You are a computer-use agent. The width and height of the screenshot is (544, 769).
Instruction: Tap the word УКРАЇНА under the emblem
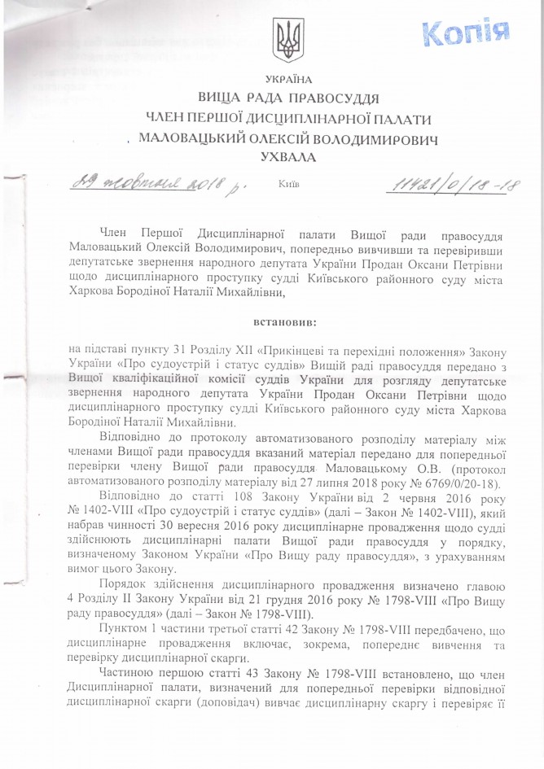[287, 79]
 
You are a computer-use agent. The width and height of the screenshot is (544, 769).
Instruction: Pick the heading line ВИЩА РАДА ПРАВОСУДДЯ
[287, 100]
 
